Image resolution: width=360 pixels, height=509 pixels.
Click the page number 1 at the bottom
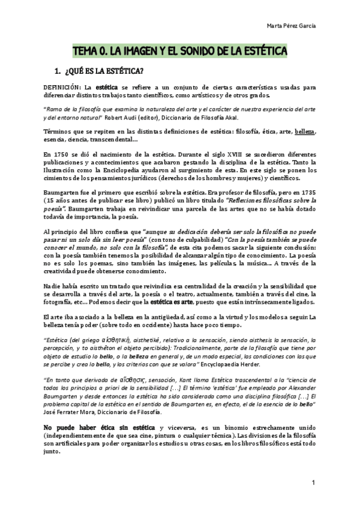pyautogui.click(x=313, y=482)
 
